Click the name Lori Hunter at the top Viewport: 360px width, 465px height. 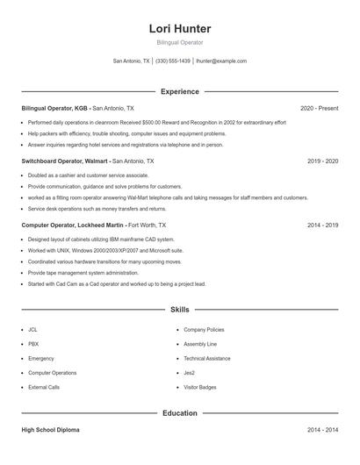click(x=180, y=29)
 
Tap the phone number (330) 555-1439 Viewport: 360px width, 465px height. click(x=172, y=61)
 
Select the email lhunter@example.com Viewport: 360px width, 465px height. click(x=220, y=61)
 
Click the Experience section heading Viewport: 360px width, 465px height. click(x=180, y=91)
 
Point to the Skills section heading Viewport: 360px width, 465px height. click(x=180, y=310)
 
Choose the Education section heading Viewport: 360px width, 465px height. click(x=180, y=412)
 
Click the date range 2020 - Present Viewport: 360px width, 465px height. click(x=319, y=108)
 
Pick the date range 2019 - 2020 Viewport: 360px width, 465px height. click(x=322, y=161)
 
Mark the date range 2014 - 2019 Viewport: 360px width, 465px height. click(x=322, y=225)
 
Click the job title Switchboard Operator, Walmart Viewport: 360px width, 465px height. click(x=65, y=161)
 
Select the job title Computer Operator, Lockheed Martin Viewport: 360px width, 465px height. click(x=73, y=225)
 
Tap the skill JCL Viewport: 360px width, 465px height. click(x=32, y=329)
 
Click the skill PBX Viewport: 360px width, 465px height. click(x=33, y=344)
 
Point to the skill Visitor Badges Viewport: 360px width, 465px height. click(x=200, y=387)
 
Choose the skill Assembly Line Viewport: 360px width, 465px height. click(x=200, y=344)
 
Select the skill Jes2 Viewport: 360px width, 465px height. click(x=191, y=372)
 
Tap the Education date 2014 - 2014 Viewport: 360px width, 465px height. click(x=322, y=431)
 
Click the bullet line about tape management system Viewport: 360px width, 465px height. click(x=83, y=273)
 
